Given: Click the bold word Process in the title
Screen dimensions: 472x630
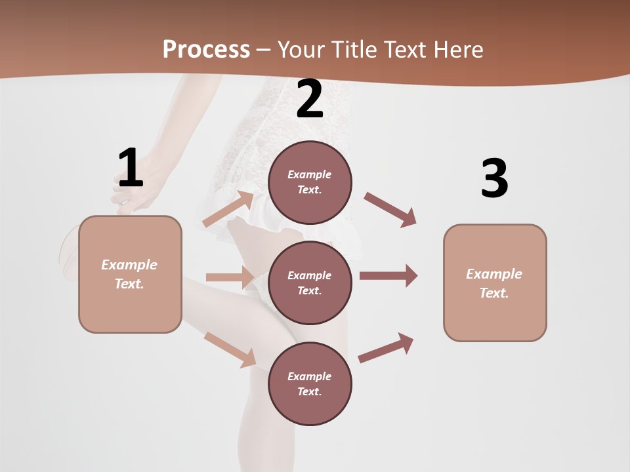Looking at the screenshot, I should (x=206, y=50).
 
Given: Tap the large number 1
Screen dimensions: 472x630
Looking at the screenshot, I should (x=130, y=168).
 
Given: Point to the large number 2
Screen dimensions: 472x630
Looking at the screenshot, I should (x=310, y=100).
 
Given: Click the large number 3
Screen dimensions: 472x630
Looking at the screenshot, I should (x=494, y=179).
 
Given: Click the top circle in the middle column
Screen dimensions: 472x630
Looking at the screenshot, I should (x=310, y=182).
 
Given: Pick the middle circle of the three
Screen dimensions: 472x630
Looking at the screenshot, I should (x=310, y=283).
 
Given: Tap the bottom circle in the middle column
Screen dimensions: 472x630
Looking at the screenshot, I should (x=310, y=383).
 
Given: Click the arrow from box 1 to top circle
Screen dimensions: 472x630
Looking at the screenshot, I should (x=228, y=209).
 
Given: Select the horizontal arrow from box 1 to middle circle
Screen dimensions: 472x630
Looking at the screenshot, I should (x=230, y=277).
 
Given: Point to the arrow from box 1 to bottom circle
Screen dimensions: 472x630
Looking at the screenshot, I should (x=230, y=349).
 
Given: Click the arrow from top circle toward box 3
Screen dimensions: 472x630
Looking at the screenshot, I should (x=390, y=210).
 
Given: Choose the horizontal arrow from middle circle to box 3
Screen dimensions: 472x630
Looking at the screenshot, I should (x=388, y=275).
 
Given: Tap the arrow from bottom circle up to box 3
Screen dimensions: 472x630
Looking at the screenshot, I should (x=386, y=348).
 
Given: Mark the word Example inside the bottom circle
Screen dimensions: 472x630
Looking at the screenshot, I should (x=310, y=376).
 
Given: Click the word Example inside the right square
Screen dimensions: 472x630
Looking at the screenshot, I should (x=494, y=274).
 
